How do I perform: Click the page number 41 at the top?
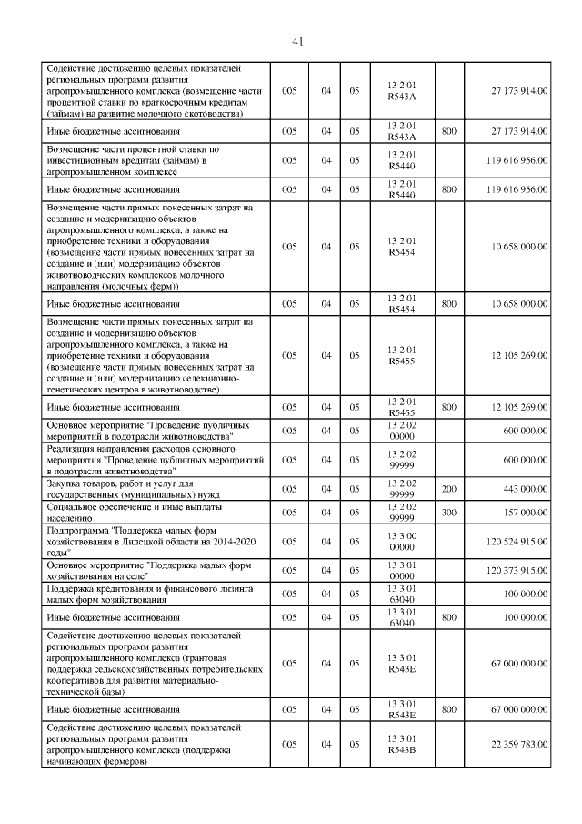[x=297, y=40]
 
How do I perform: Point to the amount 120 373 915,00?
[x=509, y=568]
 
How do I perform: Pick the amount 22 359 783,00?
[x=512, y=744]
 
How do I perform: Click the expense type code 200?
[x=448, y=489]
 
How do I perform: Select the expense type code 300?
[x=448, y=511]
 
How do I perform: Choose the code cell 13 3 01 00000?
[x=401, y=568]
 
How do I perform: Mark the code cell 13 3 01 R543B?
[x=401, y=744]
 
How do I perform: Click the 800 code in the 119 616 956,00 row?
[x=448, y=189]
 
